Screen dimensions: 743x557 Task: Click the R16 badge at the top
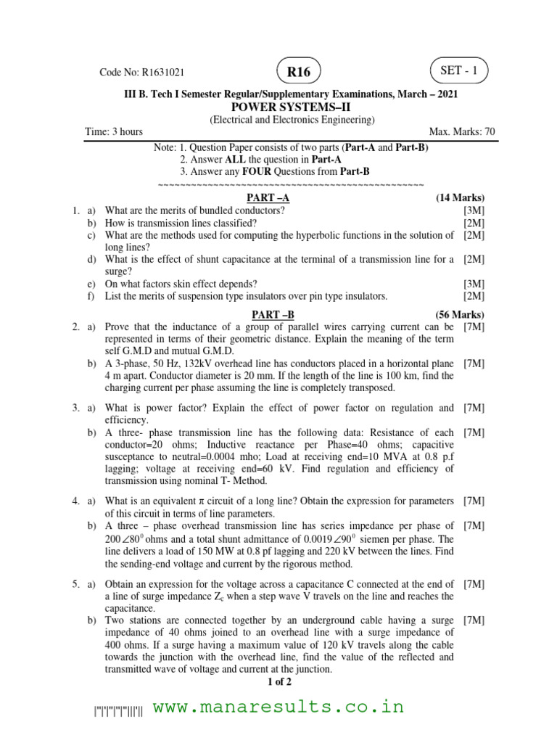pos(298,73)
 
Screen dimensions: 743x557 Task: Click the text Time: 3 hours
pos(114,131)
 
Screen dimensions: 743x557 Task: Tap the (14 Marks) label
pos(460,197)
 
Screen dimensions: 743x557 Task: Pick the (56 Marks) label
pos(460,314)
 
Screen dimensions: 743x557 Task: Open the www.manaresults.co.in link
pos(279,707)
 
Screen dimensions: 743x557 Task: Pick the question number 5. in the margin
pos(75,583)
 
